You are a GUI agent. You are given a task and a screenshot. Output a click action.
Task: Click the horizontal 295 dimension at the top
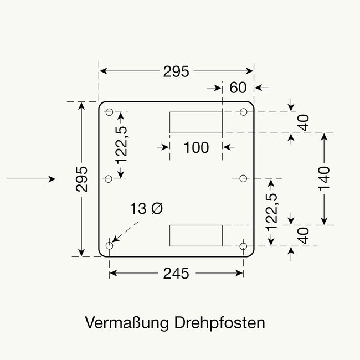[176, 71]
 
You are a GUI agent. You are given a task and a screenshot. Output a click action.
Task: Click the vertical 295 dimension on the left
[82, 179]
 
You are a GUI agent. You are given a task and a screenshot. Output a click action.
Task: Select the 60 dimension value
[237, 88]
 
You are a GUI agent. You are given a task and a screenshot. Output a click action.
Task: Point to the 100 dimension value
[196, 147]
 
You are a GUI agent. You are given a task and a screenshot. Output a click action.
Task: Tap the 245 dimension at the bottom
[176, 273]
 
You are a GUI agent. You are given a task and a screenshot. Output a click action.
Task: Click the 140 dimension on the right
[325, 179]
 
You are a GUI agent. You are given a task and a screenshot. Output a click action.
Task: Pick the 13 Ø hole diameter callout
[147, 209]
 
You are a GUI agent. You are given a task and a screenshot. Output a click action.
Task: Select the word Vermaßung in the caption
[127, 323]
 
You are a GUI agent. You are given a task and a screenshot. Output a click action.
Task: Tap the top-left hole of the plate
[109, 112]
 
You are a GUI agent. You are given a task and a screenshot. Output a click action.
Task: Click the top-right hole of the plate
[244, 112]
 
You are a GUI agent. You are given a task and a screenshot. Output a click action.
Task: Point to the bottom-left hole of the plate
[109, 245]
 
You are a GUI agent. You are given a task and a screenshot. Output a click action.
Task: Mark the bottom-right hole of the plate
[244, 245]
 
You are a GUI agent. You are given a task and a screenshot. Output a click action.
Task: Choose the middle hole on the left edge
[109, 178]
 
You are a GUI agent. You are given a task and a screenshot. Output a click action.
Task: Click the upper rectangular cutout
[196, 122]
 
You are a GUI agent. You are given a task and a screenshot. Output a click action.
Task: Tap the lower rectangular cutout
[196, 235]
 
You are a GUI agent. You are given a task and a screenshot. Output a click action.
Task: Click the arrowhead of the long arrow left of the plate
[53, 179]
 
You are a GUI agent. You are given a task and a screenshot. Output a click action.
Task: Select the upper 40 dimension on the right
[303, 122]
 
